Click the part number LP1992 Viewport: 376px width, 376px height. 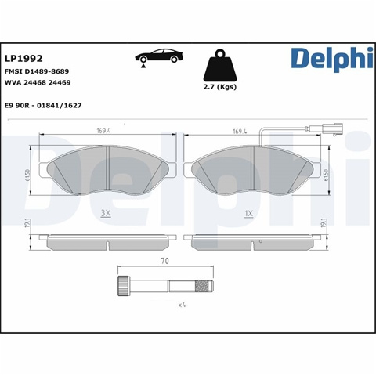(x=23, y=58)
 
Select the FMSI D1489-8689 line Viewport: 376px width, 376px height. (x=37, y=71)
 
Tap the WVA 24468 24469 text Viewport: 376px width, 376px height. (x=38, y=82)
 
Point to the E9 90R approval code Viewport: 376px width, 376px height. (x=43, y=106)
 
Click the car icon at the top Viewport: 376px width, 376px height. (x=159, y=56)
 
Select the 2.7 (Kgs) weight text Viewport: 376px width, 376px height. (x=220, y=87)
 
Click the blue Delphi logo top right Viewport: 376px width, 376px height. (x=332, y=60)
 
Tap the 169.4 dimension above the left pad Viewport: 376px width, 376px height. (x=103, y=131)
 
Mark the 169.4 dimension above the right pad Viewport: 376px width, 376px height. (x=240, y=131)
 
